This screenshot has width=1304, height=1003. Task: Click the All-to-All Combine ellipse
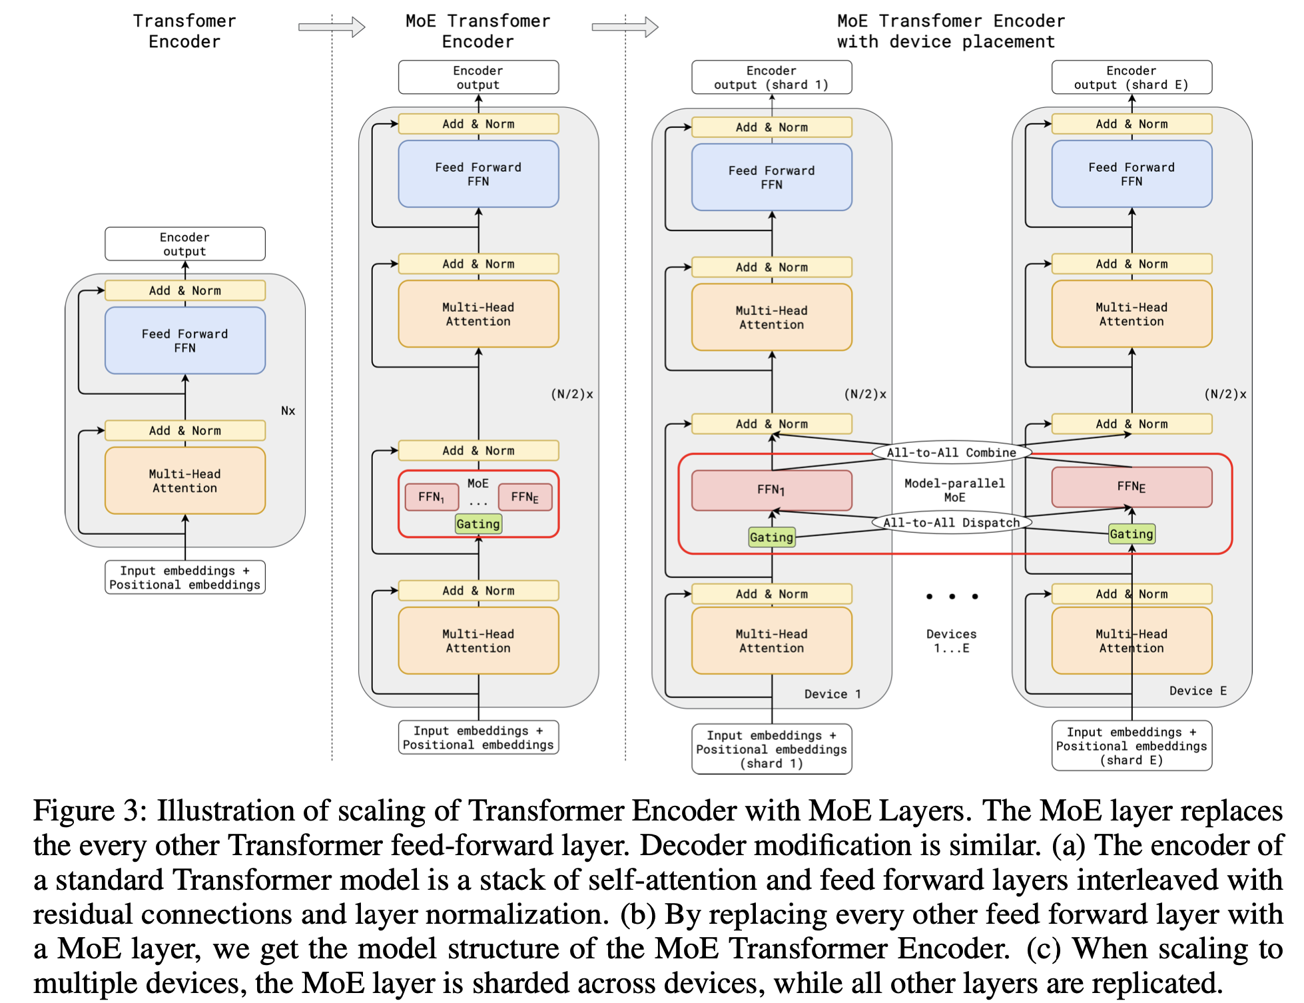tap(951, 452)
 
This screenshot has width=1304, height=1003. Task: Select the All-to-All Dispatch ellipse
tap(951, 523)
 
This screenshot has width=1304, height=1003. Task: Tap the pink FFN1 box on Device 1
tap(771, 490)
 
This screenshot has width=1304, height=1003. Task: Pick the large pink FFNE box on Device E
tap(1132, 487)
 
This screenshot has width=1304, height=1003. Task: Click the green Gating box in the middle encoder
tap(478, 524)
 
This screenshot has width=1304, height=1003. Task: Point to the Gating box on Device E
tap(1131, 534)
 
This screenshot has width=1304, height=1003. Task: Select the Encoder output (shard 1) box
tap(771, 77)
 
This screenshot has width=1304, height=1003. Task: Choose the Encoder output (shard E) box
tap(1132, 77)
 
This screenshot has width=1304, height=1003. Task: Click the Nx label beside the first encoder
tap(288, 411)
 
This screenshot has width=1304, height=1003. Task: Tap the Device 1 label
tap(832, 694)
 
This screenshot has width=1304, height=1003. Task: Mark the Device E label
tap(1197, 691)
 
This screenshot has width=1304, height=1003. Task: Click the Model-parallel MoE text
tap(954, 490)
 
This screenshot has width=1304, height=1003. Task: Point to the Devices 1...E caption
tap(951, 641)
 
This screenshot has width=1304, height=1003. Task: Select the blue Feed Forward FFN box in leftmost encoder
tap(185, 340)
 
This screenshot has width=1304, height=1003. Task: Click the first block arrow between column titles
tap(332, 27)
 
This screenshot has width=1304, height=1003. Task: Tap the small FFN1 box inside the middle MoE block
tap(432, 497)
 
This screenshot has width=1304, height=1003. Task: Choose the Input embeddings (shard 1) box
tap(771, 749)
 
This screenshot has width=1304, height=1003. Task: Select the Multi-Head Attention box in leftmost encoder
tap(185, 480)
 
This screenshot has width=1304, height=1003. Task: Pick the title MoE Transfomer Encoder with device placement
tap(950, 31)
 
